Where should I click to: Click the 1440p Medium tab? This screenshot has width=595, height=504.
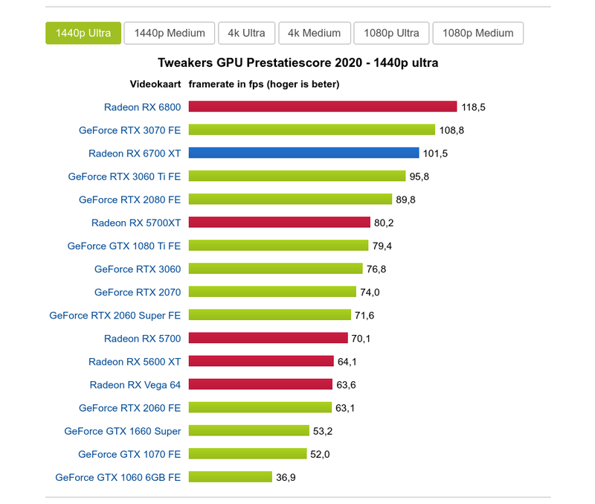coord(170,33)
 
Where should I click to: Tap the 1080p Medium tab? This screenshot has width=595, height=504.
coord(477,33)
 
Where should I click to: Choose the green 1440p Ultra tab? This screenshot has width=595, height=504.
coord(83,33)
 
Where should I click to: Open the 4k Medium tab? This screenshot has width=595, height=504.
coord(314,33)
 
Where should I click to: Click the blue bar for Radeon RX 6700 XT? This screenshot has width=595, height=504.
coord(303,153)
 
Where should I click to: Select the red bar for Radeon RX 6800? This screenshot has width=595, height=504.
coord(322,107)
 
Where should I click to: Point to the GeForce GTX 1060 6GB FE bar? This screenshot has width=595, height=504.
coord(230,477)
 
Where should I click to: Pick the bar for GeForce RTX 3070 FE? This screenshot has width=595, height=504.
coord(312,130)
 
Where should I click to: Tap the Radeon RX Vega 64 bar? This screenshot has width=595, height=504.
coord(260,385)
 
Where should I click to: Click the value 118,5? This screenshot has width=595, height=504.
coord(473,107)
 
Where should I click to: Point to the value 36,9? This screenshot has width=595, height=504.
coord(286,477)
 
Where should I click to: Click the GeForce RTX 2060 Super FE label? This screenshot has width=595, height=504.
coord(115,316)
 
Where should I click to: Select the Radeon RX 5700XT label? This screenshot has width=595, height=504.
coord(136,223)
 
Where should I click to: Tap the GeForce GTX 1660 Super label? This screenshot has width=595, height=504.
coord(123,431)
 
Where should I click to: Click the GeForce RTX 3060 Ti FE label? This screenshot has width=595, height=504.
coord(124,176)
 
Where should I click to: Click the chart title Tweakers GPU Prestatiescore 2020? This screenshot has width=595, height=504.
coord(297,63)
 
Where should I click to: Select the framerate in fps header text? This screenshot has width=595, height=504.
coord(264,84)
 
